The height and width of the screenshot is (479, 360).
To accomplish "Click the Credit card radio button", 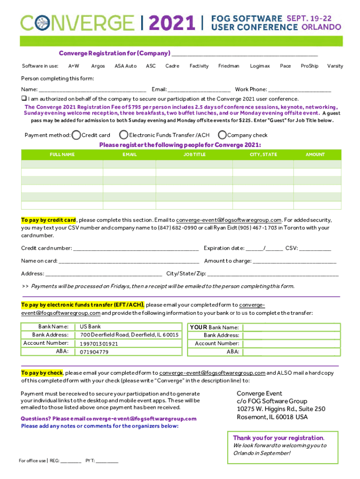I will pyautogui.click(x=77, y=135).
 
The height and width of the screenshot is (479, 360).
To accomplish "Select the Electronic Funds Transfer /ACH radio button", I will pyautogui.click(x=124, y=135).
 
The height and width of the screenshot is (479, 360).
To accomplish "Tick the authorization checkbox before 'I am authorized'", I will pyautogui.click(x=23, y=99).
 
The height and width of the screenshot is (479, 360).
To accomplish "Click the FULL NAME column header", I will pyautogui.click(x=62, y=154).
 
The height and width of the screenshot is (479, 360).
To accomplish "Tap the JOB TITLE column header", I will pyautogui.click(x=194, y=154).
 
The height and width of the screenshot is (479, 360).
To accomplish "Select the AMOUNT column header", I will pyautogui.click(x=315, y=154).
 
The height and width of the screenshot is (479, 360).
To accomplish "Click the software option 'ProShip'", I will pyautogui.click(x=309, y=66).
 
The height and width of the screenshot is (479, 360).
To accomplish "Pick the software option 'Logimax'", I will pyautogui.click(x=259, y=66).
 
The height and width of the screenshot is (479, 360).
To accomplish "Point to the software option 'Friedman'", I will pyautogui.click(x=229, y=66).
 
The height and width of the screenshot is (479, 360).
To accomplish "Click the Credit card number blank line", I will pyautogui.click(x=136, y=248).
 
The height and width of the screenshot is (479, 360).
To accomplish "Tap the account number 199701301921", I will pyautogui.click(x=99, y=343).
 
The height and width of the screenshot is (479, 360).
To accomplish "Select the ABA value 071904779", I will pyautogui.click(x=94, y=352).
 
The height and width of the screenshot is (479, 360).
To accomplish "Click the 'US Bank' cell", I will pyautogui.click(x=90, y=327).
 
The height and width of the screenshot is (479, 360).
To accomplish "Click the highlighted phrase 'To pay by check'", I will pyautogui.click(x=42, y=373).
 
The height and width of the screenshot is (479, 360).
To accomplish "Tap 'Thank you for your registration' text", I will pyautogui.click(x=278, y=438).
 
